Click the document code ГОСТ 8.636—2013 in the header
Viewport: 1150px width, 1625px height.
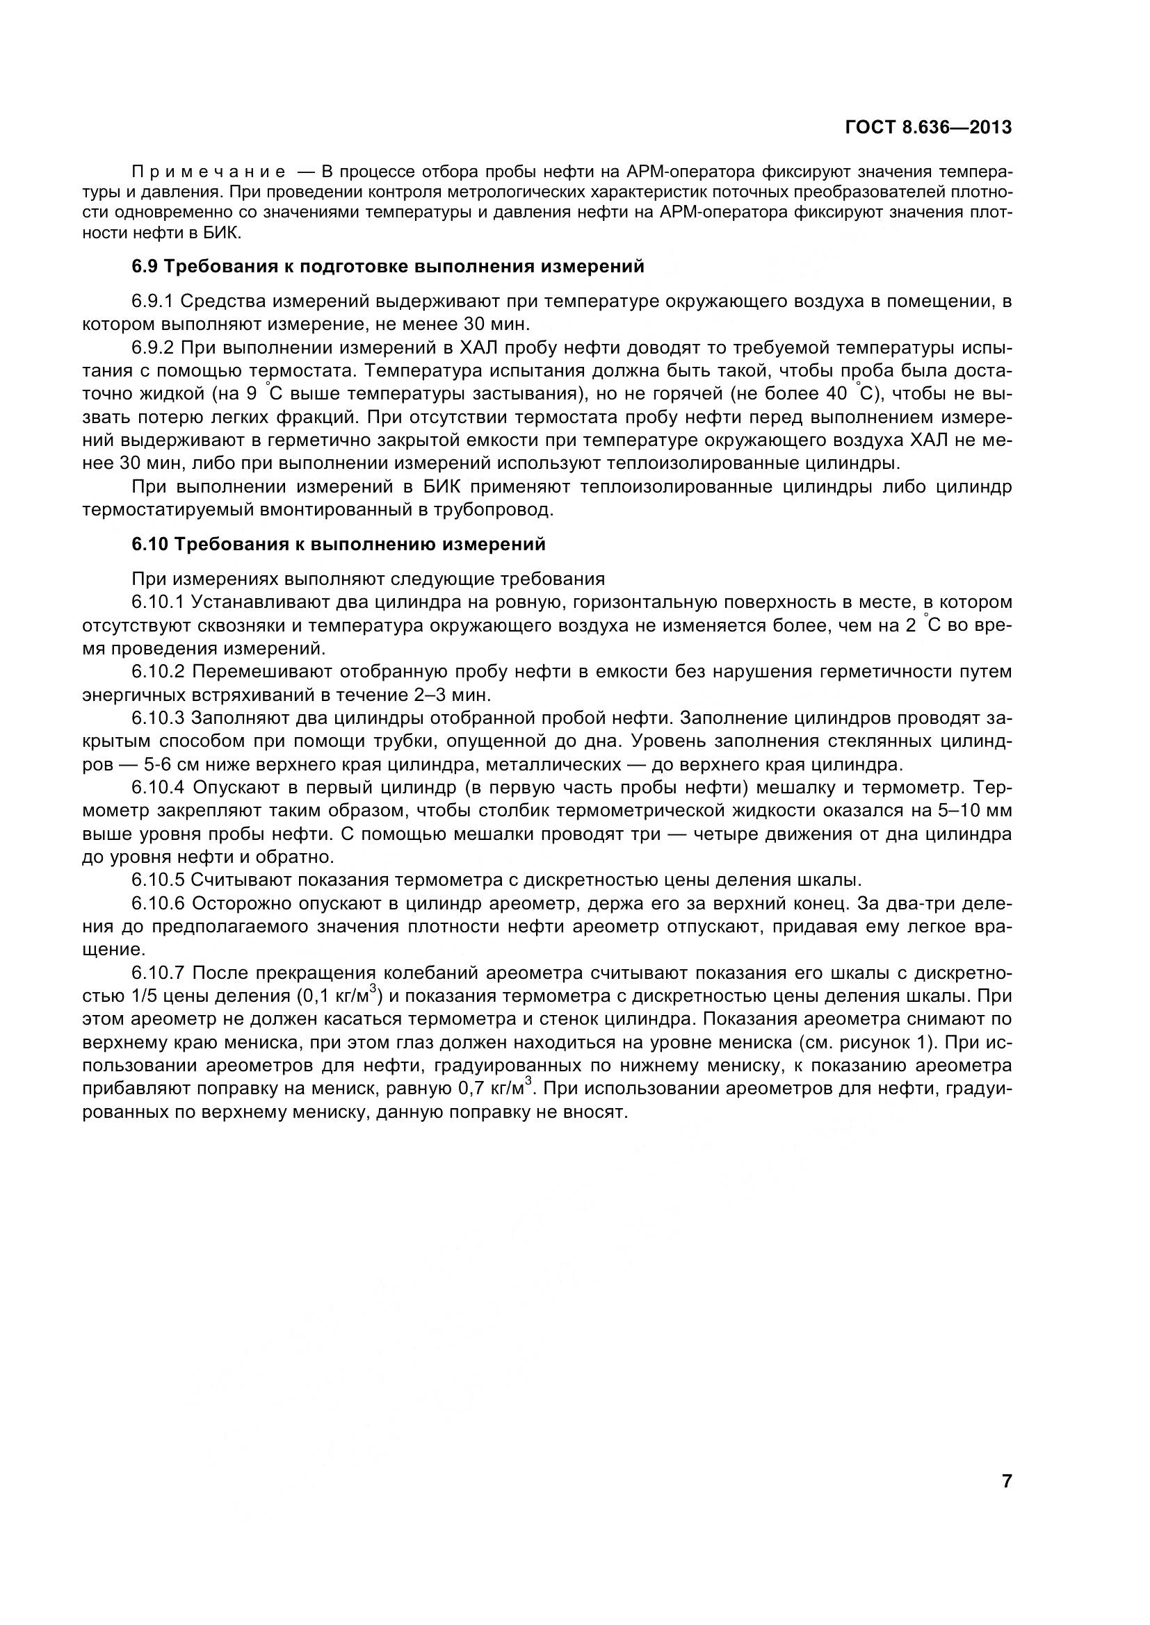[x=928, y=127]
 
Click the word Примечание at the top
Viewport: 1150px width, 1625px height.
[x=209, y=172]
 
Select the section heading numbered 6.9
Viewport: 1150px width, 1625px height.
[x=388, y=267]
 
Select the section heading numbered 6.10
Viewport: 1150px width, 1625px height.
[x=339, y=544]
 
